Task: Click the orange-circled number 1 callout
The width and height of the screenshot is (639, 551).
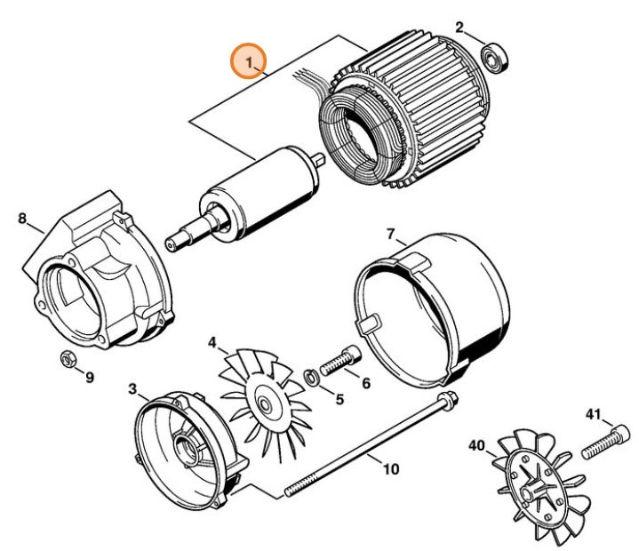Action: tap(250, 61)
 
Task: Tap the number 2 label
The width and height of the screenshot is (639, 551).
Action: tap(459, 28)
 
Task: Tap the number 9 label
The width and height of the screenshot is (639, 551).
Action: tap(89, 378)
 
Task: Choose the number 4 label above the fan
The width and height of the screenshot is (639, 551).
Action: tap(212, 342)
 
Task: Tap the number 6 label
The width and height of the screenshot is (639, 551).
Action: tap(364, 383)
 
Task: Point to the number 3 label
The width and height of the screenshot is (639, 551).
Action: tap(132, 388)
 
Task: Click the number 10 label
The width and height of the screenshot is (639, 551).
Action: tap(390, 468)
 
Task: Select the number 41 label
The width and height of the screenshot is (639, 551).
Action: tap(594, 414)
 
